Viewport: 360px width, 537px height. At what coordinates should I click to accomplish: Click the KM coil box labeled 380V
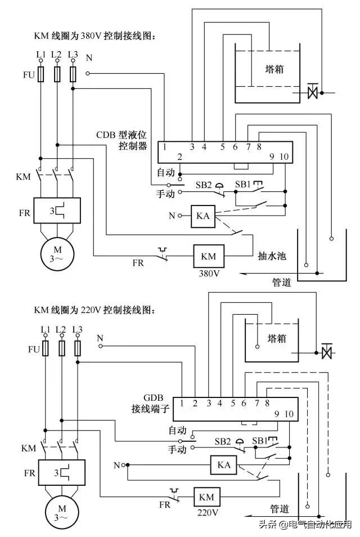[208, 256]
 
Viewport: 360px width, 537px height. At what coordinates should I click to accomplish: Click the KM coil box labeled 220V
[206, 498]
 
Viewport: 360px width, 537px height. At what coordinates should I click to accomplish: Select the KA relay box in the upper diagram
[202, 216]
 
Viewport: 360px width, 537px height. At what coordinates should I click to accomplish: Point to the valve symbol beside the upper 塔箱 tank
[313, 92]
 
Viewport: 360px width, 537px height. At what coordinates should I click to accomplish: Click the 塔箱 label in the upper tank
[274, 69]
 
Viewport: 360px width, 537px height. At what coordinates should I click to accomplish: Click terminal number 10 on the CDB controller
[283, 157]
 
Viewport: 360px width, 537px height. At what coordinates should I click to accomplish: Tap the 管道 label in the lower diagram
[280, 509]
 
